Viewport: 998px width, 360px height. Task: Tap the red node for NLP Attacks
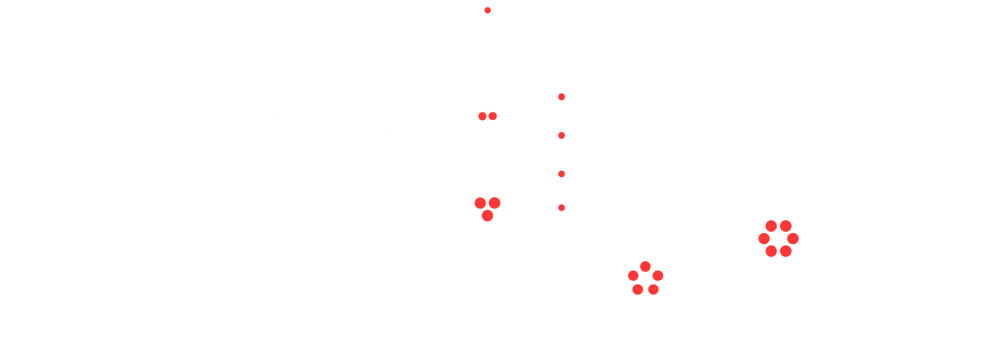(487, 10)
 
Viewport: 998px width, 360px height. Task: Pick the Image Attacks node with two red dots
(487, 116)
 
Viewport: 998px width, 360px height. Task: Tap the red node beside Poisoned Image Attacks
(561, 97)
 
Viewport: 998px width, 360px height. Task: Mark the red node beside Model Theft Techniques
(561, 174)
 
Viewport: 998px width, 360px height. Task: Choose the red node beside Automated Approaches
(561, 207)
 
